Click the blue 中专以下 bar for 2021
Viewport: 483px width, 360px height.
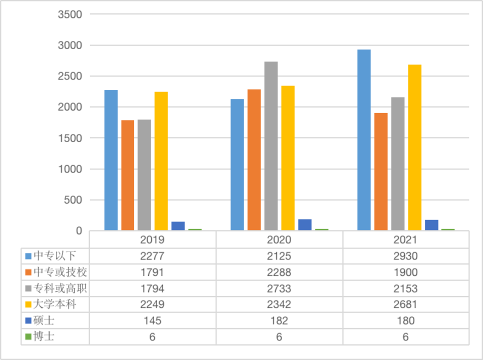pos(364,140)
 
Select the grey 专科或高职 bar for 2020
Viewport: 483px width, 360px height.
pos(271,146)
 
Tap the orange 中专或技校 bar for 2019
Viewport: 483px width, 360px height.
pos(127,175)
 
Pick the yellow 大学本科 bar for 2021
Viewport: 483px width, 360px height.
pos(414,147)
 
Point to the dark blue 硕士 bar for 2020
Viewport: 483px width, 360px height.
pos(304,225)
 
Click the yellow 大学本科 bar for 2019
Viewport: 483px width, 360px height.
pos(161,161)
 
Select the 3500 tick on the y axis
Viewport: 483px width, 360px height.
pos(70,14)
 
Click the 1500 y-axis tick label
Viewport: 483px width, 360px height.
pos(70,138)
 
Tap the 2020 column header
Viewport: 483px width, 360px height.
pos(279,239)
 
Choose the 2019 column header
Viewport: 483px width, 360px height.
pos(152,239)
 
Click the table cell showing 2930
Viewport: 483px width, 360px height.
pos(405,256)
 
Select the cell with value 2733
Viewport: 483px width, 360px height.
pos(279,288)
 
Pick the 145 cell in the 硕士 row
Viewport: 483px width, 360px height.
pos(152,320)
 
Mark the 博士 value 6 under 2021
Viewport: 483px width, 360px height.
pos(405,337)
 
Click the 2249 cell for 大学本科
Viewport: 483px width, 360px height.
pos(152,304)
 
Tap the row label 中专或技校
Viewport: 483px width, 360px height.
pos(60,272)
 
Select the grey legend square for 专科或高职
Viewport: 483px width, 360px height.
pos(28,289)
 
